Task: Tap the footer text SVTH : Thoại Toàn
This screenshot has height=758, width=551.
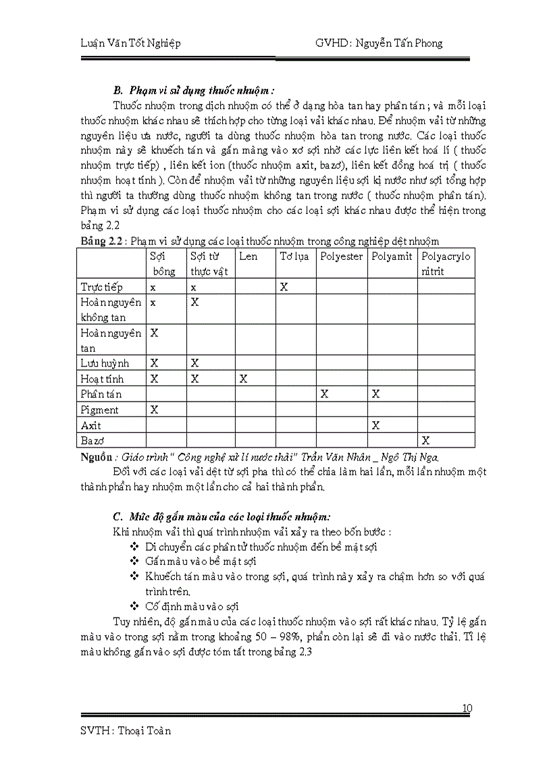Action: pos(125,730)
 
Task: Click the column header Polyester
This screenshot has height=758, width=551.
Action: pos(341,256)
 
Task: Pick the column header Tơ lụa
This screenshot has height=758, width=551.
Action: pos(294,256)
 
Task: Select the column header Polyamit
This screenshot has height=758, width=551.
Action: pos(392,256)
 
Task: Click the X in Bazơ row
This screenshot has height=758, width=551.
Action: pos(425,441)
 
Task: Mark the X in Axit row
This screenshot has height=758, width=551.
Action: pos(375,425)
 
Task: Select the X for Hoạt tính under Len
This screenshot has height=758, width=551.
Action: pos(243,379)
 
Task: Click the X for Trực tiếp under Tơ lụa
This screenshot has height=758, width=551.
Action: pos(284,287)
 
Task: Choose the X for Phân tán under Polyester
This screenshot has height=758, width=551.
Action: pos(324,394)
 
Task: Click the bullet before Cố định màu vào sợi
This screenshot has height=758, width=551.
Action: pos(133,605)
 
